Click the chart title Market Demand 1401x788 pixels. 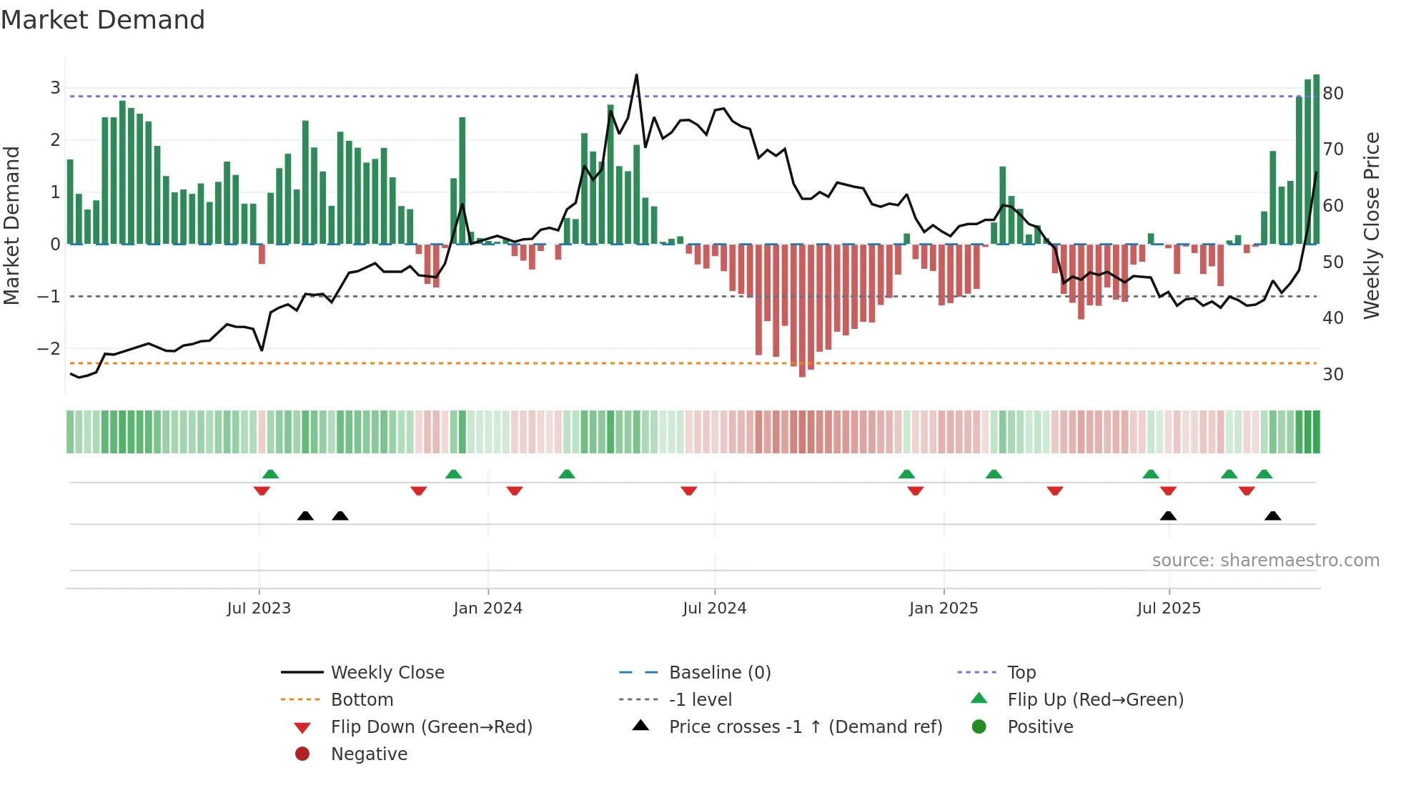[103, 20]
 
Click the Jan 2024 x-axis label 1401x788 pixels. [487, 609]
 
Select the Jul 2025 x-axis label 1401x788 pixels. [1169, 609]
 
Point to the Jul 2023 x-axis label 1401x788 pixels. [259, 609]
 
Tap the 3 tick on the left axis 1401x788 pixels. [55, 88]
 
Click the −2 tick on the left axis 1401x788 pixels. [49, 349]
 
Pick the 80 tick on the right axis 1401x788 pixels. [1332, 94]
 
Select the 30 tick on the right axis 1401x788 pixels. [1332, 375]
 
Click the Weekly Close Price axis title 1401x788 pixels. [1371, 225]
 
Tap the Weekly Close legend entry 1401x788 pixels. [387, 673]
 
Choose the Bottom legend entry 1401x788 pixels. [362, 700]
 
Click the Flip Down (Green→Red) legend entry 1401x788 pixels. [431, 727]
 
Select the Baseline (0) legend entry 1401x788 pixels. [719, 673]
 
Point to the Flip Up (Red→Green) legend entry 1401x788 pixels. [1095, 700]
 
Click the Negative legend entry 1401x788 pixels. [369, 754]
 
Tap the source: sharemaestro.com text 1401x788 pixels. [1265, 561]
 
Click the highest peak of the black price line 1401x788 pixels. [636, 75]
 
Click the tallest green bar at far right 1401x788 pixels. [1316, 159]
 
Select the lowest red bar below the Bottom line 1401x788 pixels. [802, 372]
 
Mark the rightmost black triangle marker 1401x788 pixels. [1272, 516]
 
